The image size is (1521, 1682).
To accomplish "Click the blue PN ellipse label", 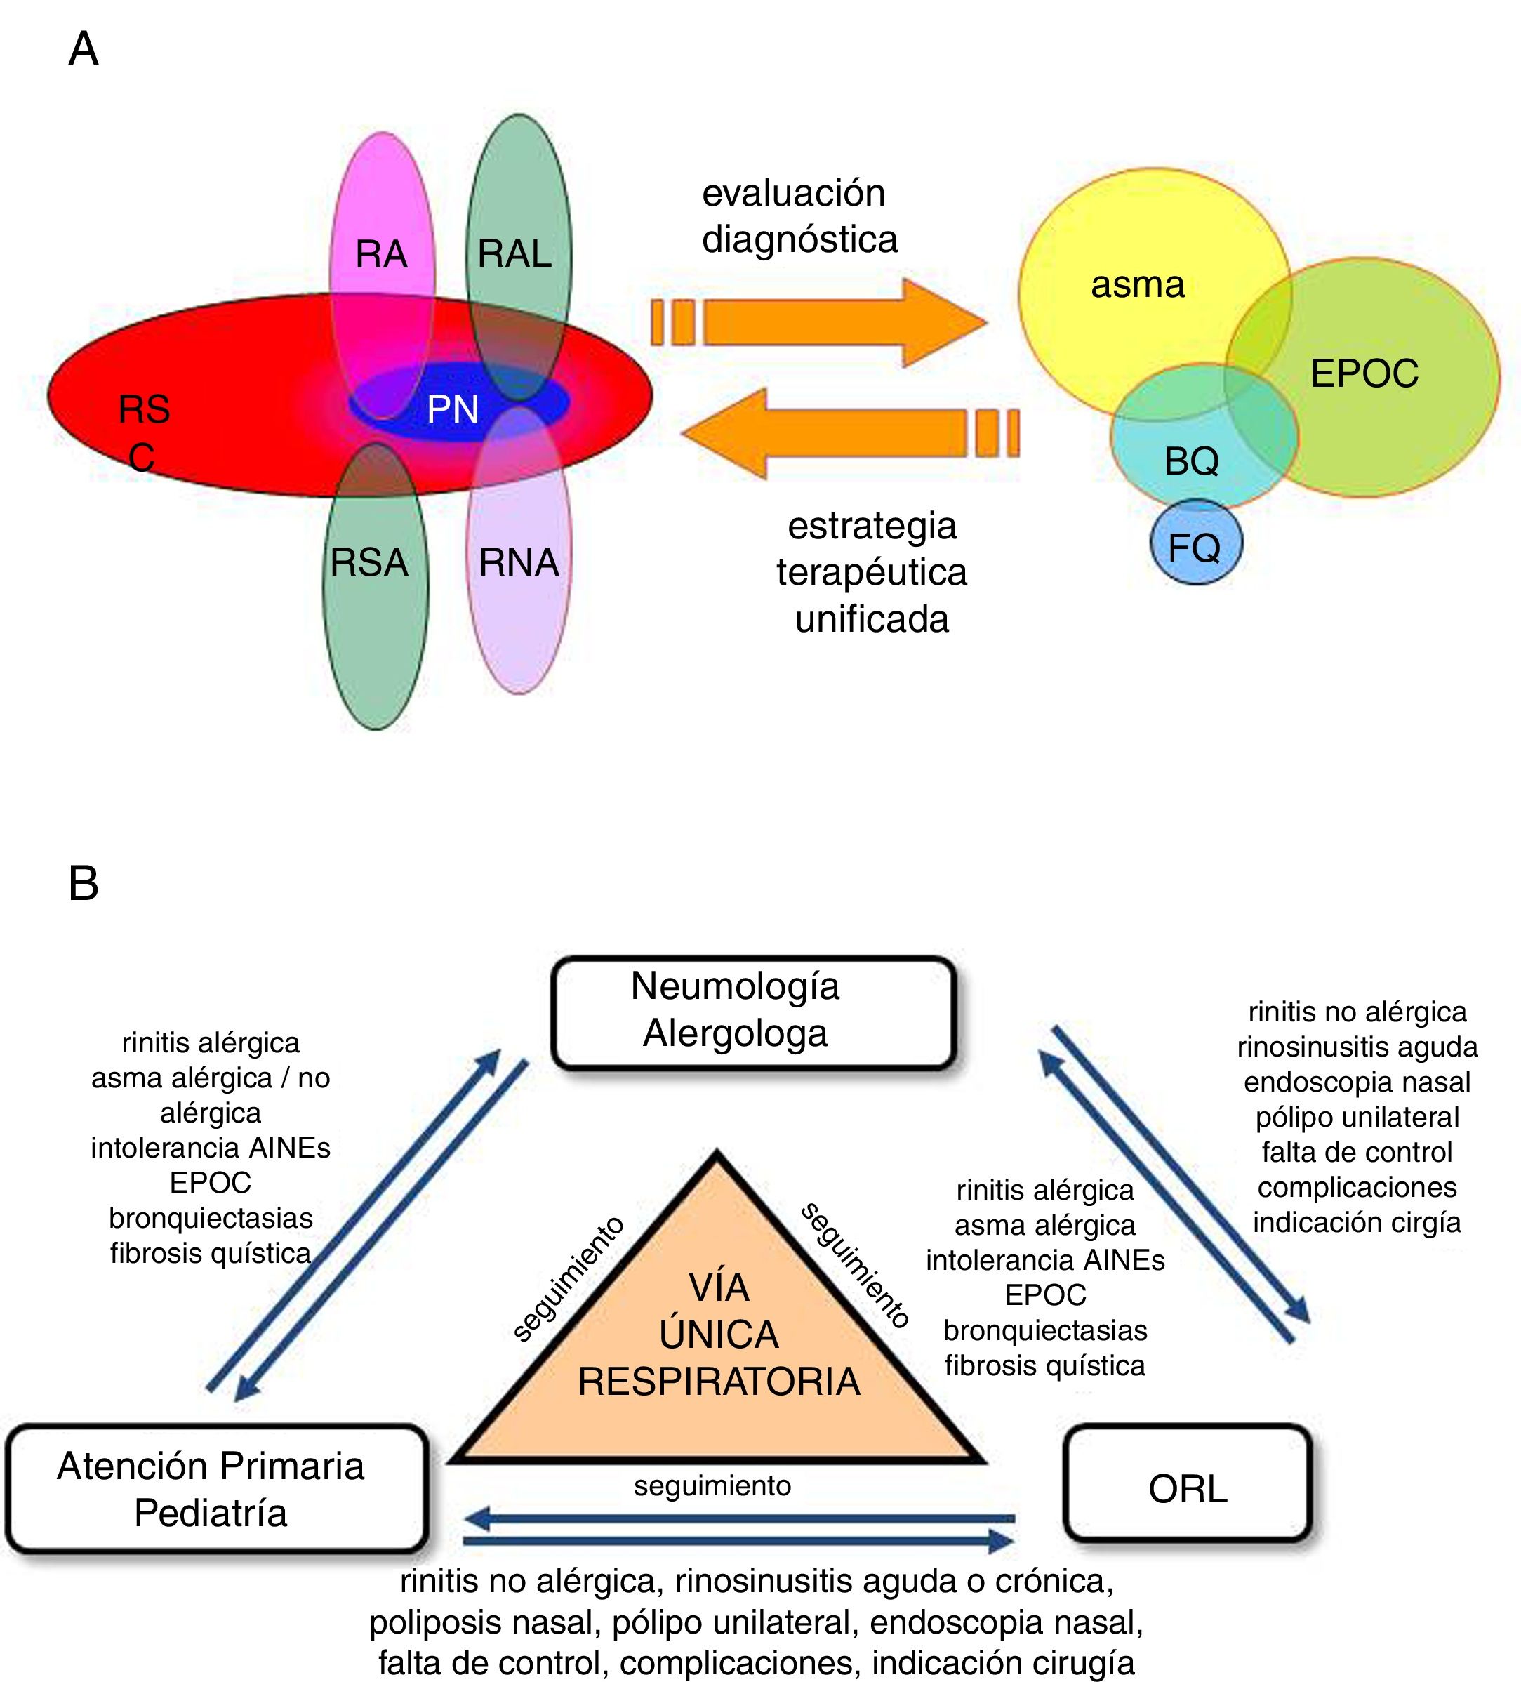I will pyautogui.click(x=453, y=409).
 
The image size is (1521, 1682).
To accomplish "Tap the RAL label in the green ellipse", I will pyautogui.click(x=514, y=253).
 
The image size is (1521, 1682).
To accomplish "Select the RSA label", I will pyautogui.click(x=368, y=562).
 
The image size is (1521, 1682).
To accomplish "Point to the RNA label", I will pyautogui.click(x=519, y=562).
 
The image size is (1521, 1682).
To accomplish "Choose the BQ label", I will pyautogui.click(x=1191, y=461).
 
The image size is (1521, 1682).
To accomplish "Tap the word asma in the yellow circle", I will pyautogui.click(x=1138, y=285).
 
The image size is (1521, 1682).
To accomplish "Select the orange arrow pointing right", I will pyautogui.click(x=818, y=323).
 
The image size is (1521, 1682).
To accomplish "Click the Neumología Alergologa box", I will pyautogui.click(x=752, y=1011).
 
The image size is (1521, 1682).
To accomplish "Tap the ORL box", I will pyautogui.click(x=1188, y=1489).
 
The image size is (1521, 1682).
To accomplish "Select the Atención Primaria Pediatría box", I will pyautogui.click(x=212, y=1489).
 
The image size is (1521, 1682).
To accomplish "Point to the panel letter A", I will pyautogui.click(x=84, y=49).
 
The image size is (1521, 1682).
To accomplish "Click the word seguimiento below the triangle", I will pyautogui.click(x=712, y=1486).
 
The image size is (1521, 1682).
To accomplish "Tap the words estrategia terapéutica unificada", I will pyautogui.click(x=872, y=572).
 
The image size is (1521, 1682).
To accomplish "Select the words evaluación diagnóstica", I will pyautogui.click(x=799, y=216).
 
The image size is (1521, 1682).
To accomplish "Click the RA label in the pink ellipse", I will pyautogui.click(x=381, y=253).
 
